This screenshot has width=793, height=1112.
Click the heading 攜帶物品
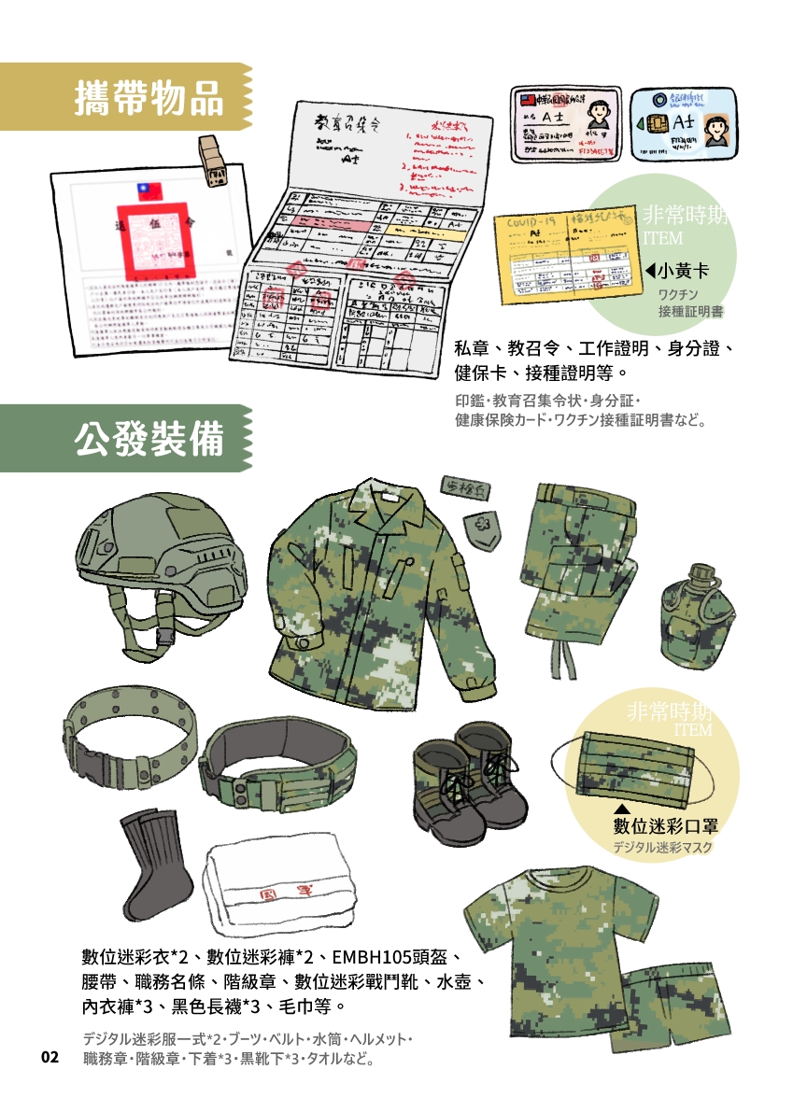149,97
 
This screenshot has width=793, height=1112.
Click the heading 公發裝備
149,438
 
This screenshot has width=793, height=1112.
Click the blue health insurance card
683,126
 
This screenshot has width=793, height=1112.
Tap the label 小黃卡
680,272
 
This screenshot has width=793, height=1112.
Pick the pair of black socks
155,866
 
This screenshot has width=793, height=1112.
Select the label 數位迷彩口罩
664,825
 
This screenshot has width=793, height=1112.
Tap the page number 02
50,1057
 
